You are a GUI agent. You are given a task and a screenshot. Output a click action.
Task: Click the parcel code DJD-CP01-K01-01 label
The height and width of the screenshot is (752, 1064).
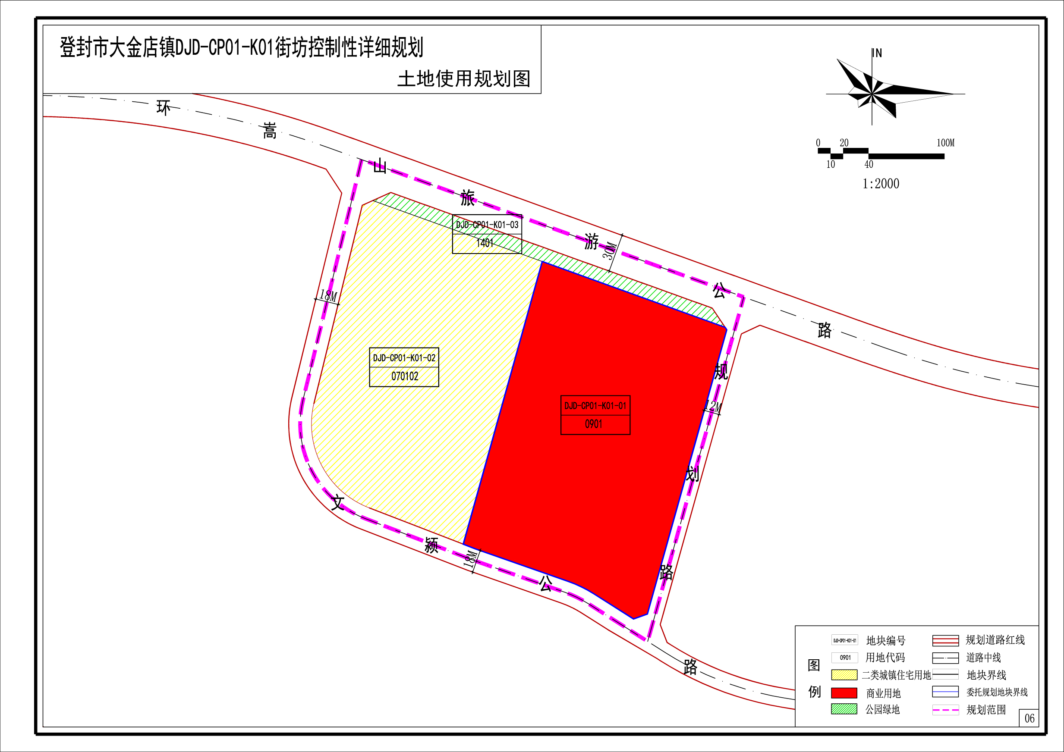point(595,406)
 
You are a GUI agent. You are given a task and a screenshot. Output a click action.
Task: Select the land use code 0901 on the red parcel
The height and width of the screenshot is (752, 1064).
point(594,424)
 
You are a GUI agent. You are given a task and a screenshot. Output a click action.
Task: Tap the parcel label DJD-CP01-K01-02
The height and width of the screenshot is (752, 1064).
point(404,358)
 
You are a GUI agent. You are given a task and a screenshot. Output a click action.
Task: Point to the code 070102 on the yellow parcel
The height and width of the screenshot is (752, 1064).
point(405,376)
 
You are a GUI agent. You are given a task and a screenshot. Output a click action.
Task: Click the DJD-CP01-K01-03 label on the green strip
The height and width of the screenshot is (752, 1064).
point(487,225)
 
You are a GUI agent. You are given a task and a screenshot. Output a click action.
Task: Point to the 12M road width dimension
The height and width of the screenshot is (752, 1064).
point(713,407)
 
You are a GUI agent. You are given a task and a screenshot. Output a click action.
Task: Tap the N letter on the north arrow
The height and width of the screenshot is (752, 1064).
point(878,53)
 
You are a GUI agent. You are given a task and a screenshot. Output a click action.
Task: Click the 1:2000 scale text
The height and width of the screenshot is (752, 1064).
point(881,184)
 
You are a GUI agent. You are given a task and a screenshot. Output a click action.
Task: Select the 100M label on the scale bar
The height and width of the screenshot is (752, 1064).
point(945,143)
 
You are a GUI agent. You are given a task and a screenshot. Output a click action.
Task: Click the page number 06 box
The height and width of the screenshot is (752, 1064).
point(1029,718)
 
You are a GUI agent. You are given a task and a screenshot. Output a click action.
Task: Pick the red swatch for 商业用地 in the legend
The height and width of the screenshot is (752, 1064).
point(844,693)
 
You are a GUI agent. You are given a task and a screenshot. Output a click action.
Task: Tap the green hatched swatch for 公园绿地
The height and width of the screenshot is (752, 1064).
point(844,709)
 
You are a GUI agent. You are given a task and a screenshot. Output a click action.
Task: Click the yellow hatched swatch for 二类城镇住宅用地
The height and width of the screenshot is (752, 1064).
point(844,675)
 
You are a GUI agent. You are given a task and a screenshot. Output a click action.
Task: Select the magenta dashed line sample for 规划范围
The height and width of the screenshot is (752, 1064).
point(945,709)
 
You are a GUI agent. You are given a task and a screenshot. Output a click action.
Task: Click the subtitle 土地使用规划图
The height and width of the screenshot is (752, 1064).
point(464,79)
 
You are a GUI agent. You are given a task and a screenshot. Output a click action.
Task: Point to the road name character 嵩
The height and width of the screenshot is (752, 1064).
point(269,131)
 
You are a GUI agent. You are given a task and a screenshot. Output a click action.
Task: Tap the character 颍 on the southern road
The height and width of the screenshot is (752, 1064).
point(431,545)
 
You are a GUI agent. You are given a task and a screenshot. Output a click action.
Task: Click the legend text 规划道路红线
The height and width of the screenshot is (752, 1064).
point(995,640)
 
